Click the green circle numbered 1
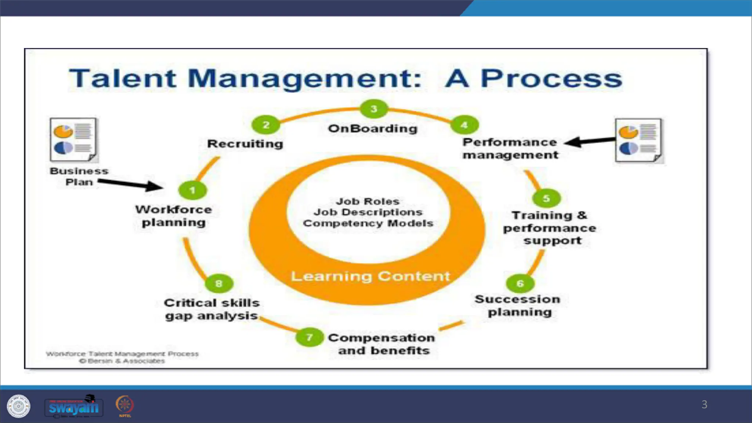coord(192,190)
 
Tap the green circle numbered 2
coord(266,125)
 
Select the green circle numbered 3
coord(374,109)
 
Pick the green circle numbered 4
coord(464,125)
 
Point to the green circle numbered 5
coord(546,198)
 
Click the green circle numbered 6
coord(520,283)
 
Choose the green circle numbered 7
coord(310,337)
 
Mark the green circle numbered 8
coord(219,283)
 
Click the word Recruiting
coord(245,144)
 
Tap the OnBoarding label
coord(373,129)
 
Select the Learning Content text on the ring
coord(370,276)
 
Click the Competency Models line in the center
coord(368,223)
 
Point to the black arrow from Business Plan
coord(130,184)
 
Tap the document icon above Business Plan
coord(73,140)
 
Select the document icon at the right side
coord(639,141)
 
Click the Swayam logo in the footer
coord(74,407)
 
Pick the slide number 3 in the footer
coord(704,404)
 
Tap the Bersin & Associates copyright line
coord(122,361)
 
